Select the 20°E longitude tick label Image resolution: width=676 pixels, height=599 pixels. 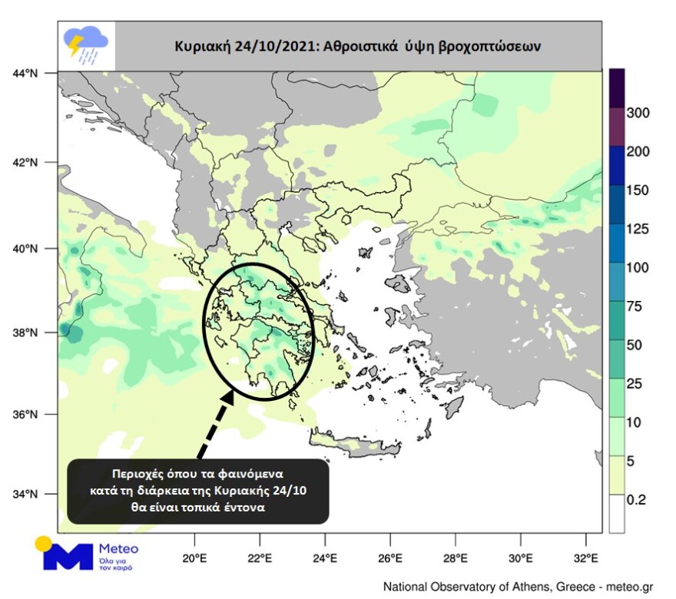pyautogui.click(x=194, y=558)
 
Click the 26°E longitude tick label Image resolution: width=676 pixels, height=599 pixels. pyautogui.click(x=390, y=558)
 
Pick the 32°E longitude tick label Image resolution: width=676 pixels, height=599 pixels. pyautogui.click(x=586, y=558)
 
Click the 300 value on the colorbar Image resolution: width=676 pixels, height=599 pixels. pyautogui.click(x=638, y=114)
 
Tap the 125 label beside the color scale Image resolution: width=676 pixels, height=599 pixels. pyautogui.click(x=638, y=230)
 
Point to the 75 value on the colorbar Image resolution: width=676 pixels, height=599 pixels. pyautogui.click(x=635, y=307)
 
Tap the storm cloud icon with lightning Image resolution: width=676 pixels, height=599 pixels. pyautogui.click(x=85, y=44)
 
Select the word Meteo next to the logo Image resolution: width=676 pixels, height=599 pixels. pyautogui.click(x=119, y=548)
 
